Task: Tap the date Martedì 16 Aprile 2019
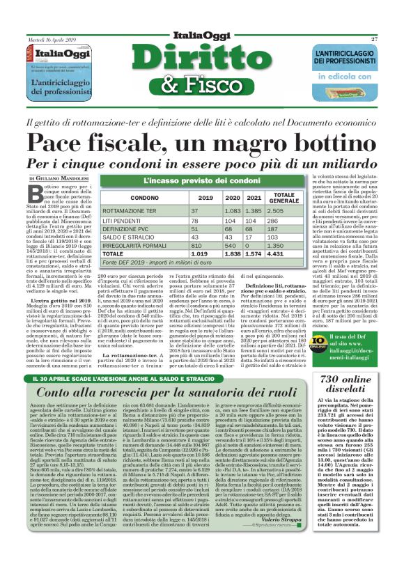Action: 52,40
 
